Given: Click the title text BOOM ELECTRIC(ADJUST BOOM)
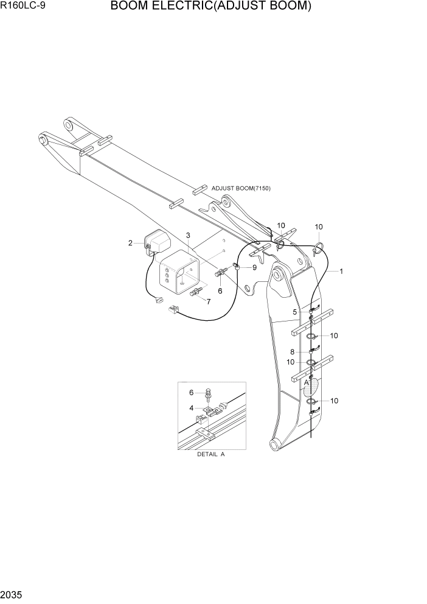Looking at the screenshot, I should pos(211,7).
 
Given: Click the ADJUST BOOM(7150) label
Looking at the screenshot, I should pos(241,188).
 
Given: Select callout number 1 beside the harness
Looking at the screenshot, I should pos(341,272).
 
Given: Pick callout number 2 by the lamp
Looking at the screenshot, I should pos(130,244).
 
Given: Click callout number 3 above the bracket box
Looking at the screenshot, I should pos(188,236).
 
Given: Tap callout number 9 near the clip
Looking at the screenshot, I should pos(254,267).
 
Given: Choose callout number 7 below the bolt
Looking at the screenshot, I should pos(209,301).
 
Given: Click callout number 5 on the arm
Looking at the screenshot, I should pos(295,312).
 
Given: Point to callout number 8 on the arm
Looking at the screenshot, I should pos(293,352).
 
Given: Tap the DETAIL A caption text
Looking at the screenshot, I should pos(210,455).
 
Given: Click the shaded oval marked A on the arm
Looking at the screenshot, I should pos(311,388).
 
